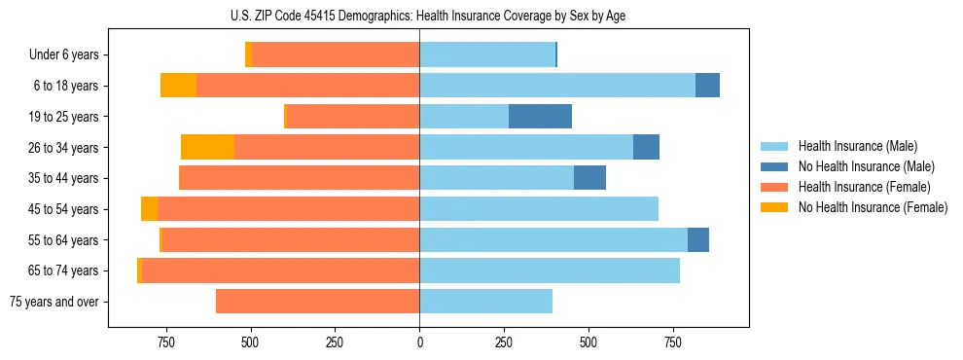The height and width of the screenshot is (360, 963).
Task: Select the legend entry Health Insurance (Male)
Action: click(857, 146)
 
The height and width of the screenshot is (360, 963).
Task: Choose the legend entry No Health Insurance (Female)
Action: click(873, 207)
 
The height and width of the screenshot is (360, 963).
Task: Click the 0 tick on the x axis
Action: click(419, 342)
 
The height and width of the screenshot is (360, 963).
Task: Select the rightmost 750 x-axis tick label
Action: click(672, 342)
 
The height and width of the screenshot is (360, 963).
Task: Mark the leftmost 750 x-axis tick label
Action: click(165, 342)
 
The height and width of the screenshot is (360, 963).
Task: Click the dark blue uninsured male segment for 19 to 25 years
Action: click(540, 117)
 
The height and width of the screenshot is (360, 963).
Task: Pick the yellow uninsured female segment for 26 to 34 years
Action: click(207, 147)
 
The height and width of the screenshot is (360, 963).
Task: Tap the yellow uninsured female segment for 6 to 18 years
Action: click(178, 86)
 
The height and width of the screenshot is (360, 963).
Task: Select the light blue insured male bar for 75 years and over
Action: click(485, 302)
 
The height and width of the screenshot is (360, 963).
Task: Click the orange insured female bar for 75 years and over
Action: click(317, 302)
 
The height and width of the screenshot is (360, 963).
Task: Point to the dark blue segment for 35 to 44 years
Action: click(589, 178)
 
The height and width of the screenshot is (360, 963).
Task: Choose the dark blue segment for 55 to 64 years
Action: click(697, 239)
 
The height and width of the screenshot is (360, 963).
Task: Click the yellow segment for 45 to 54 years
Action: click(149, 209)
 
